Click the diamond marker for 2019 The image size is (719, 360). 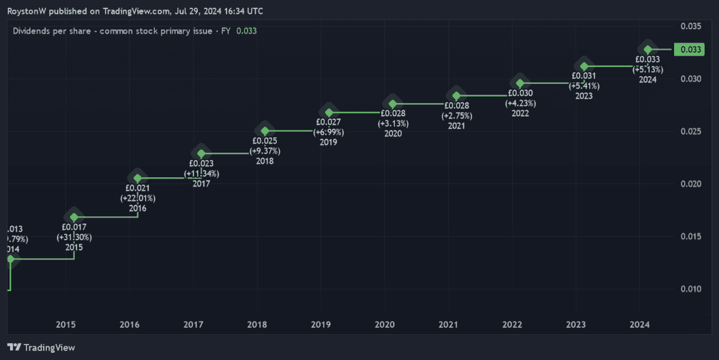[329, 113]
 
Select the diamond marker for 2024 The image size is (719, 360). [648, 49]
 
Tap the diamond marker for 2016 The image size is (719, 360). [138, 178]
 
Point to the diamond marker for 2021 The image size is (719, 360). [457, 96]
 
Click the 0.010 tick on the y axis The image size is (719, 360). [691, 289]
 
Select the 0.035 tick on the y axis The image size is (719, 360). [691, 26]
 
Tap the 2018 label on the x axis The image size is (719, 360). [257, 325]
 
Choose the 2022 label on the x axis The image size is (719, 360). [512, 325]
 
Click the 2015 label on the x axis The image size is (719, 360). [65, 325]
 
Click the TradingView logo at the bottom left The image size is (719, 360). [41, 347]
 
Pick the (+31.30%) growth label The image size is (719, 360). [74, 237]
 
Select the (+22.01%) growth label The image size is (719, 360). [138, 198]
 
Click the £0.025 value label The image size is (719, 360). [265, 141]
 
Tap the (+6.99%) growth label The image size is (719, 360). [329, 132]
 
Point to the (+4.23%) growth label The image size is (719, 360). [520, 103]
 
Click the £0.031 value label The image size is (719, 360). [584, 76]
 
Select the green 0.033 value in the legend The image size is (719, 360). [246, 31]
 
